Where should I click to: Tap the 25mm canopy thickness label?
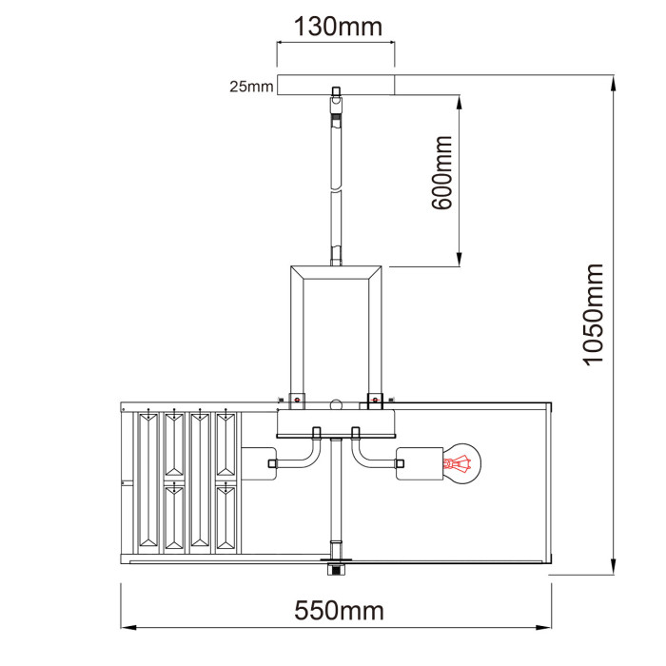point(250,87)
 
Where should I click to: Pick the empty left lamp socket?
point(259,464)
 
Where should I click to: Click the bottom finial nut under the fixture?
point(335,569)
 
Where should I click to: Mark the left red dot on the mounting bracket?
point(297,401)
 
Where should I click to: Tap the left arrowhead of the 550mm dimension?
point(127,628)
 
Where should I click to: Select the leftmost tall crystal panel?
point(151,480)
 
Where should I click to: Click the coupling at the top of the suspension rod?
point(335,108)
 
